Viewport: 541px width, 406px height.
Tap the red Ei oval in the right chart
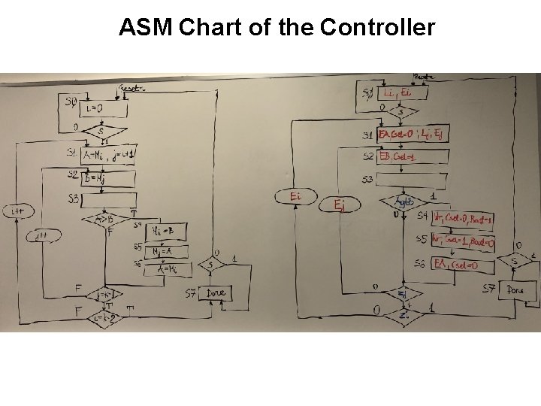(297, 195)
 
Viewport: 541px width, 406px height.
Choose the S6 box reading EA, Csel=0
(462, 265)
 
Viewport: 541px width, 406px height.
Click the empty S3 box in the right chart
(410, 179)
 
